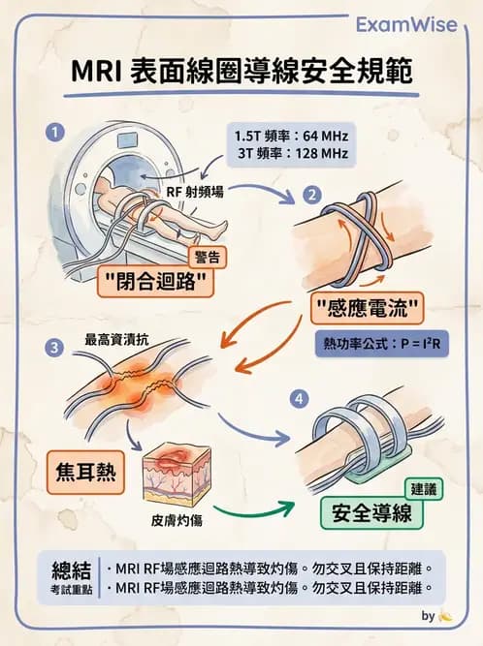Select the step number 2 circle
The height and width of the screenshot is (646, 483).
coord(312,194)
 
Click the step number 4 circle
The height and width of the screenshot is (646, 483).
coord(300,398)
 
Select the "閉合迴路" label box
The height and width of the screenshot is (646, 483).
coord(157,282)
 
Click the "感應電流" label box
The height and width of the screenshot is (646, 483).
coord(370,311)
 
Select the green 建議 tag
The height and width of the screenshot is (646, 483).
coord(422,490)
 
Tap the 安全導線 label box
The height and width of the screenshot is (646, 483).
coord(372,512)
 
